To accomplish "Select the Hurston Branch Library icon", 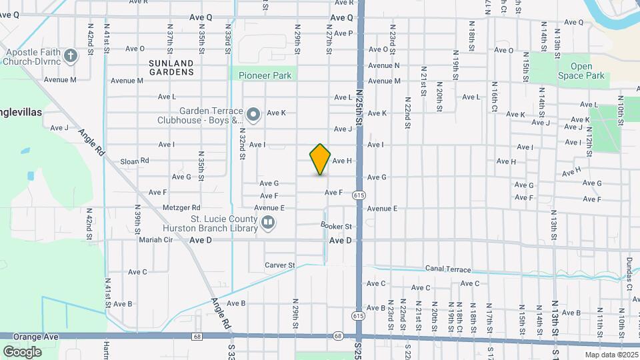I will pos(267,222).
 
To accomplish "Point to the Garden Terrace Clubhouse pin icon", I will pos(253,115).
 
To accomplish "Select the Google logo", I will pos(22,351).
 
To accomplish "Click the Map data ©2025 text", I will pos(611,355).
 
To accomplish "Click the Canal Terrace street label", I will pos(448,270).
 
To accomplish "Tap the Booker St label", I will pos(336,227).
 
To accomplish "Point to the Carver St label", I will pos(279,265).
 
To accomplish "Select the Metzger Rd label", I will pos(181,208).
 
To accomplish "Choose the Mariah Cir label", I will pos(155,239).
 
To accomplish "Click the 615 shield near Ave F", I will pos(359,195).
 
